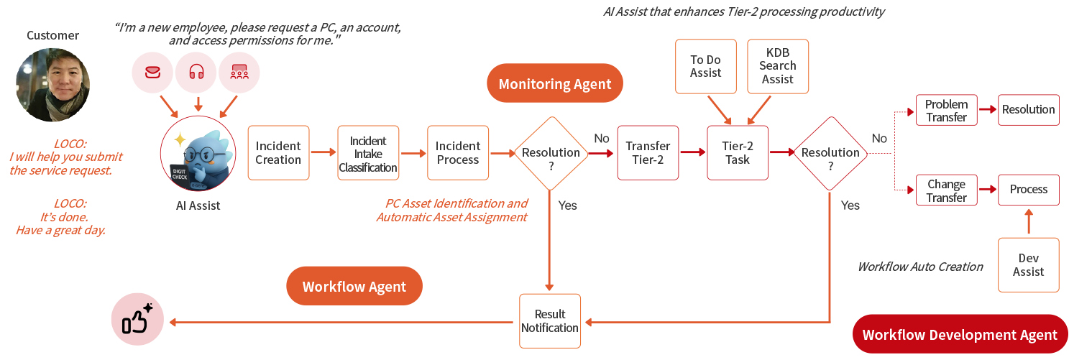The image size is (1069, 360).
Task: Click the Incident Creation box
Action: point(278,153)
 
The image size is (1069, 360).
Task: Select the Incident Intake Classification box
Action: point(368,153)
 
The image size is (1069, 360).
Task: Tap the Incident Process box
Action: point(458,153)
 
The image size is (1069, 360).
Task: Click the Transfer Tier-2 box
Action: point(648,153)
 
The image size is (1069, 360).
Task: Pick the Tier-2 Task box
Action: point(738,153)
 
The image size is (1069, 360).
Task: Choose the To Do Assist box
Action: point(706,66)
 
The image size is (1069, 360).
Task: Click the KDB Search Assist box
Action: point(778,66)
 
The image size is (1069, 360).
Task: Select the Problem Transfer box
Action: point(946,110)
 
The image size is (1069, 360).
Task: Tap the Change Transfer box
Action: point(946,190)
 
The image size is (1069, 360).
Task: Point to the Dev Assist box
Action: point(1029,265)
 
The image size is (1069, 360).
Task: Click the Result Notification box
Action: point(550,321)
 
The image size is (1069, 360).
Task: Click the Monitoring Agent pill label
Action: point(555,84)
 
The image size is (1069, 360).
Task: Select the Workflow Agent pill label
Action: point(354,287)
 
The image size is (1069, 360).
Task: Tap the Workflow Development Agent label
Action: point(960,335)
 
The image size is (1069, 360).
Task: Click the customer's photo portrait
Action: point(53,86)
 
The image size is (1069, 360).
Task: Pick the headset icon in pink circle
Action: point(196,72)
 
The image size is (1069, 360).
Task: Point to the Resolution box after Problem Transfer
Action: point(1029,110)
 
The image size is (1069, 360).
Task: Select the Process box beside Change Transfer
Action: point(1029,190)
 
